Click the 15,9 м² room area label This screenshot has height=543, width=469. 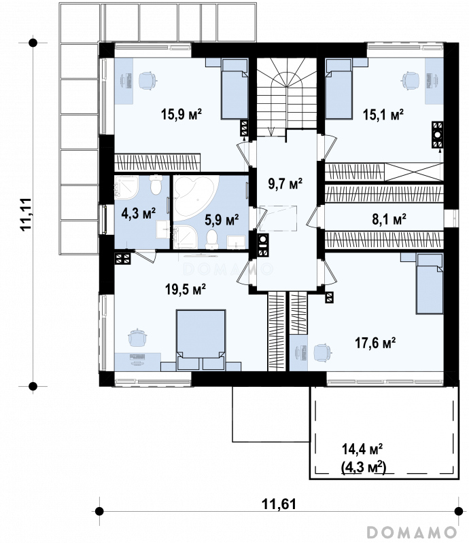tap(181, 114)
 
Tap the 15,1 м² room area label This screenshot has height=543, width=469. tap(383, 114)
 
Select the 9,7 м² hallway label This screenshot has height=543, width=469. tap(285, 183)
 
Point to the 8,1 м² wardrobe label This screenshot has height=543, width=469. tap(389, 219)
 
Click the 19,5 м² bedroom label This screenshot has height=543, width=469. tap(186, 288)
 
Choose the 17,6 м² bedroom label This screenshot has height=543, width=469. tap(375, 343)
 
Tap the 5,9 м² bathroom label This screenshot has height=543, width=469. tap(222, 219)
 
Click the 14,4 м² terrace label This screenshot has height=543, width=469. tap(362, 449)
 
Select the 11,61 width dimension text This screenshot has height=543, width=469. tap(279, 504)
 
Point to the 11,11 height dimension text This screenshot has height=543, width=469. tap(26, 214)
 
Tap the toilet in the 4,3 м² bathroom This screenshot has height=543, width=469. tap(156, 184)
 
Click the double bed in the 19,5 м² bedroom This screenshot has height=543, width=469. tap(201, 340)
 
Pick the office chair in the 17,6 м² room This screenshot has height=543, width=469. tap(322, 353)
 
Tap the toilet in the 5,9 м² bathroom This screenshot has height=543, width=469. tap(211, 240)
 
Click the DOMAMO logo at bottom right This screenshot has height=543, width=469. tap(412, 531)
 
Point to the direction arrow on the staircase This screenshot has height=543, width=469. tap(272, 132)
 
